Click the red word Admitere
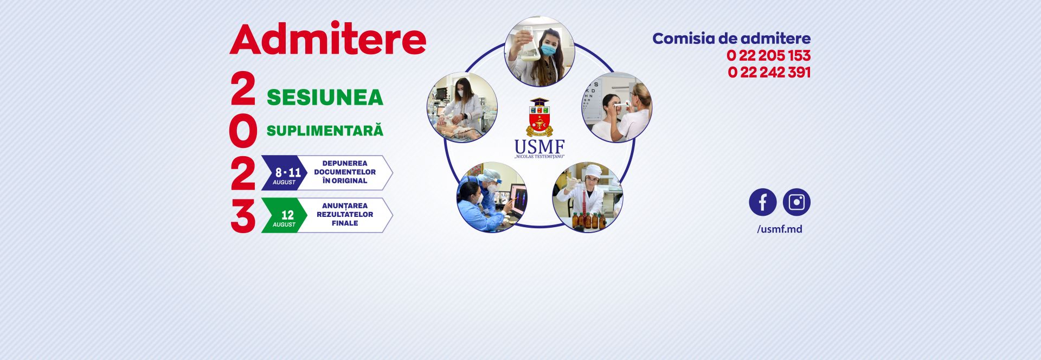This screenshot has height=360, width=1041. pos(327,39)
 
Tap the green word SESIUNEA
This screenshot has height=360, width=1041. pos(325,98)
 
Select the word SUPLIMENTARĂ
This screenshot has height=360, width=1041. pos(325,131)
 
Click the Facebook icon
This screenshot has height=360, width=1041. pos(762,202)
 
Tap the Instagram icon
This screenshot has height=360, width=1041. pos(796,202)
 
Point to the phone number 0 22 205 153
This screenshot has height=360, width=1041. pos(768,55)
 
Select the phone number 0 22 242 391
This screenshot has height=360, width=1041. pos(769,72)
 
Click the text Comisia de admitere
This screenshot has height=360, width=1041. pos(731,38)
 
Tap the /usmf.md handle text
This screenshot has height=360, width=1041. pos(779,229)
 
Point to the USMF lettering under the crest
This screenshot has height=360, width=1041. pos(539,147)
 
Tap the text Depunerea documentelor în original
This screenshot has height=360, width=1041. pos(345,172)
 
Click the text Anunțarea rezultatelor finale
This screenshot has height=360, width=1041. pos(345,214)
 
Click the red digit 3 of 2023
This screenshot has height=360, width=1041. pos(242,216)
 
